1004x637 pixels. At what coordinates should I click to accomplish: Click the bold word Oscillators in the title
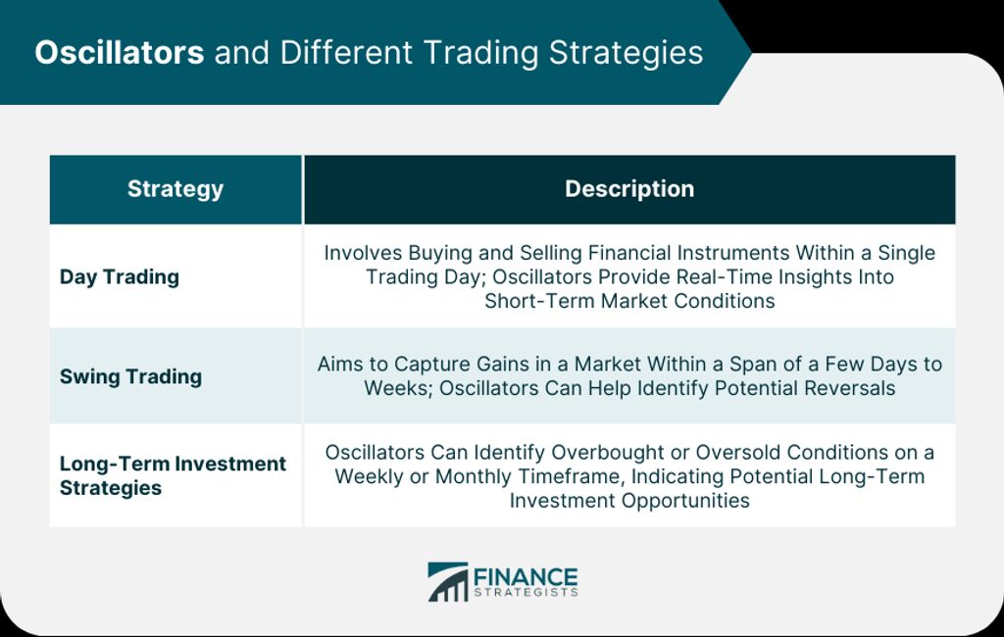119,52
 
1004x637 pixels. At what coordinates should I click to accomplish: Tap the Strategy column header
176,189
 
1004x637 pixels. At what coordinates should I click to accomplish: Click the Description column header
629,189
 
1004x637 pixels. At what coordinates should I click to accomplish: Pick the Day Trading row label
119,277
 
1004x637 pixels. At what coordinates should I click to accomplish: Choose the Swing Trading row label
130,376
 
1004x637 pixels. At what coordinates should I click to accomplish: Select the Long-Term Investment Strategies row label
173,475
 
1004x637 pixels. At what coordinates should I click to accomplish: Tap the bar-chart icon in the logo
448,582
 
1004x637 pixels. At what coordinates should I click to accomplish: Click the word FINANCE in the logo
526,576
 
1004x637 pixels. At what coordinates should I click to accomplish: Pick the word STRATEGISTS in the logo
526,592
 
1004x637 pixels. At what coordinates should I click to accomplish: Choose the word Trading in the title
480,54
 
